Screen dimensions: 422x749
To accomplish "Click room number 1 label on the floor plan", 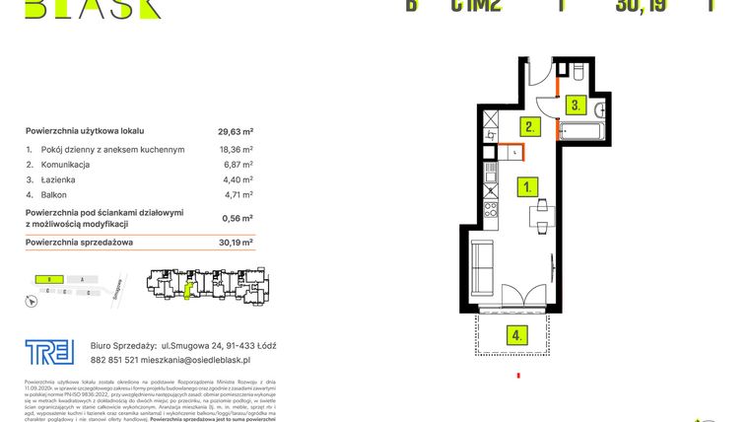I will point(528,184).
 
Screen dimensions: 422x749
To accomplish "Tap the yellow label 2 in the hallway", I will point(529,126).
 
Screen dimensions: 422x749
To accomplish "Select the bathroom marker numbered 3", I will point(576,105).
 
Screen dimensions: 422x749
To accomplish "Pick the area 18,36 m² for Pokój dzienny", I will point(235,149).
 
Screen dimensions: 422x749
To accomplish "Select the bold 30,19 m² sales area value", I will point(235,241).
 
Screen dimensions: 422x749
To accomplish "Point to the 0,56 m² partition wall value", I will point(235,218).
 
